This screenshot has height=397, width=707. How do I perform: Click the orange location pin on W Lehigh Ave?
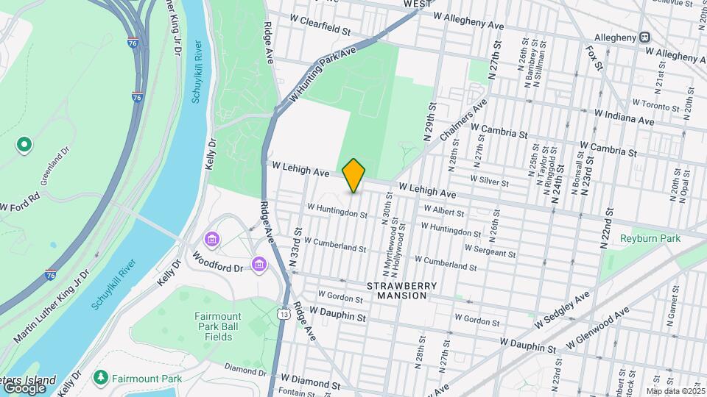[353, 175]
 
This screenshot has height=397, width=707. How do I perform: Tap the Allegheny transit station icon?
[645, 37]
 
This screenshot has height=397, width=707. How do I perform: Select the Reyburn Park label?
[650, 238]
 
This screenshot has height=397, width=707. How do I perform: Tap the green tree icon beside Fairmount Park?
[101, 378]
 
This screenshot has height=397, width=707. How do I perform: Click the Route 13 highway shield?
[284, 314]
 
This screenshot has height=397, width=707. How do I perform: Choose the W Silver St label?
[490, 181]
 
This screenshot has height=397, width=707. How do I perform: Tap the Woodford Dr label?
[217, 263]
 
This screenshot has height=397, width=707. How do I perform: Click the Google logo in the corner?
[24, 387]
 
